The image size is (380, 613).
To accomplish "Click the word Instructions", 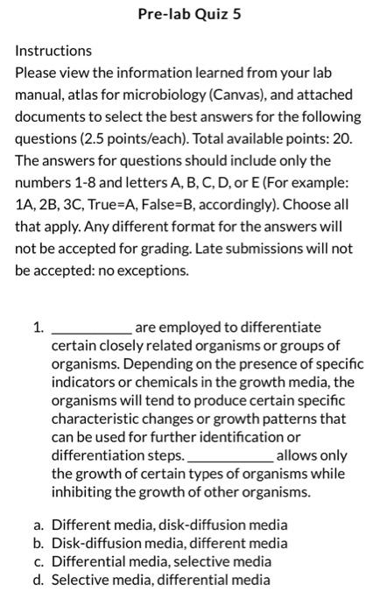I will coord(53,51).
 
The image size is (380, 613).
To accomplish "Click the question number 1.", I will coord(38,328).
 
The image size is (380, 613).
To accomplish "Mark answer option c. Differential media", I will coord(161,561).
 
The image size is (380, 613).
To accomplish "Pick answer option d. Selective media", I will coord(161,579).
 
